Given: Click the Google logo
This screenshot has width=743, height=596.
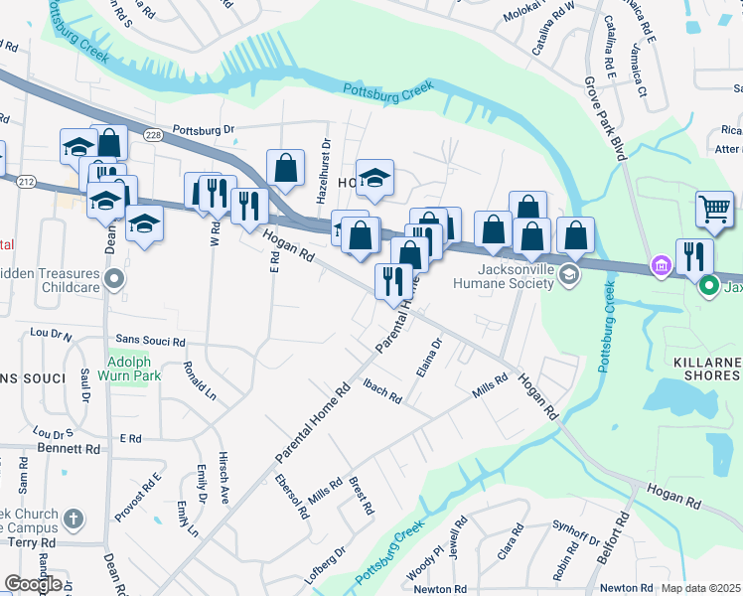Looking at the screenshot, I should click(33, 584).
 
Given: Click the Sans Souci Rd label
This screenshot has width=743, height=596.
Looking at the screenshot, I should click(150, 341).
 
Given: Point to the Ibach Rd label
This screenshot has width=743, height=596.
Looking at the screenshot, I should click(381, 391).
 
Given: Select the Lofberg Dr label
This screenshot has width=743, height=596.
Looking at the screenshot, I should click(326, 560).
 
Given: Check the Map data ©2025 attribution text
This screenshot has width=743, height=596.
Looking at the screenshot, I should click(700, 588).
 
